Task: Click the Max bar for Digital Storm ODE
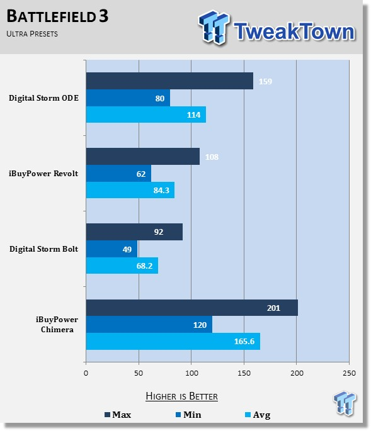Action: point(169,81)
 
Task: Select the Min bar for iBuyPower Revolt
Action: point(118,174)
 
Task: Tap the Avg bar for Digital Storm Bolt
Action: point(122,266)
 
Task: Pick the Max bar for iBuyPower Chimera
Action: point(192,308)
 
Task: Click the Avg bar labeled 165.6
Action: point(173,342)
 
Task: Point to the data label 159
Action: point(265,81)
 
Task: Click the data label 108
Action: point(212,157)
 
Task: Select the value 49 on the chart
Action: point(127,249)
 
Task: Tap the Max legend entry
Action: point(118,415)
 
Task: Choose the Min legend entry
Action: point(188,415)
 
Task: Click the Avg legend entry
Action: point(258,415)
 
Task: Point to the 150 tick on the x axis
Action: point(244,373)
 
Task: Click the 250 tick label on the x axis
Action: point(349,373)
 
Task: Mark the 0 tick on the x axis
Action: point(86,373)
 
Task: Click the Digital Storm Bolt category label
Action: point(43,249)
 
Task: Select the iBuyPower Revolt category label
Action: point(43,174)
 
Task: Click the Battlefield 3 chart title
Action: point(57,16)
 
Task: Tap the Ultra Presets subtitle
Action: point(32,34)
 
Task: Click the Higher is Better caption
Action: point(181,396)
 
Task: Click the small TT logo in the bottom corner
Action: point(345,403)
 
